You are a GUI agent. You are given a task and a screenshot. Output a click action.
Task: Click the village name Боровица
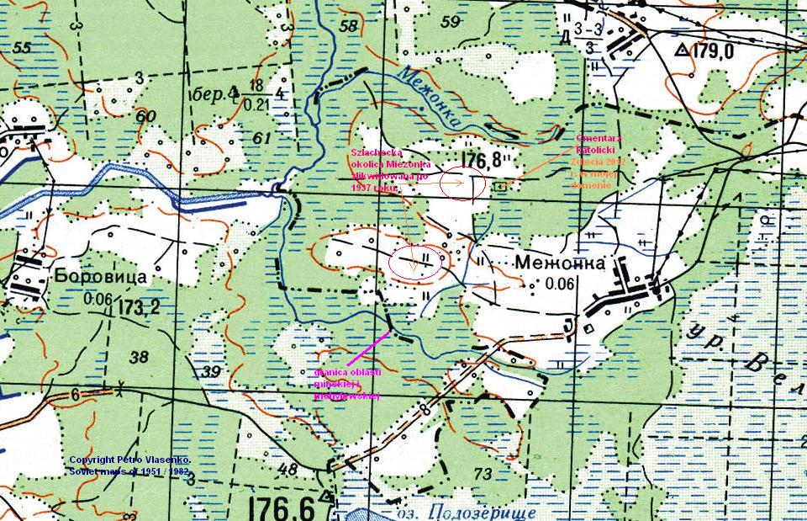pyautogui.click(x=102, y=276)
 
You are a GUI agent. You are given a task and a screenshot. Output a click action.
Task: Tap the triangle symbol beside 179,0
pyautogui.click(x=682, y=51)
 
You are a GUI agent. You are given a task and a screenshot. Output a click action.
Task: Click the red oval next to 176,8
pyautogui.click(x=462, y=184)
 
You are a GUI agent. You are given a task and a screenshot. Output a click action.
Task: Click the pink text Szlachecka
pyautogui.click(x=371, y=152)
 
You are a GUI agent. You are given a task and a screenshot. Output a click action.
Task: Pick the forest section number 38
pyautogui.click(x=140, y=356)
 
